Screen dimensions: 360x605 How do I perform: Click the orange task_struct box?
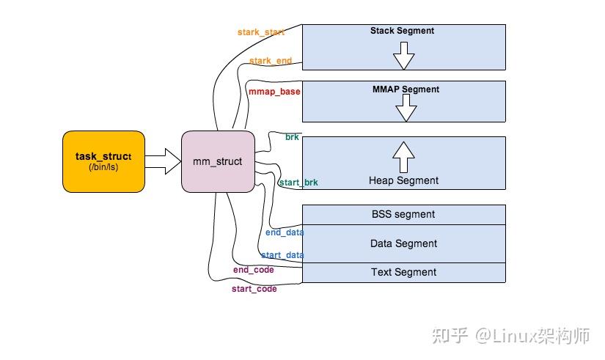pos(103,161)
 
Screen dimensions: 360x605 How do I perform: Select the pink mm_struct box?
pos(218,161)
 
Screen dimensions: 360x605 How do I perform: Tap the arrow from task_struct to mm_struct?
pos(163,161)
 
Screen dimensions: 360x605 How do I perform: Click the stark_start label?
pos(260,32)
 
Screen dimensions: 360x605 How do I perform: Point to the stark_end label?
pos(270,61)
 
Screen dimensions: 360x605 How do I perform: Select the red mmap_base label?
pos(274,92)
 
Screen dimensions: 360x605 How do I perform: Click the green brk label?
pos(291,137)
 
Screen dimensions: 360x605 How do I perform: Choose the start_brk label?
pos(298,182)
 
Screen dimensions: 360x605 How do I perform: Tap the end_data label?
pos(285,232)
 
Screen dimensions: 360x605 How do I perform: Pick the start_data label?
pos(282,255)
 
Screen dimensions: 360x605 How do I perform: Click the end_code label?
pos(253,270)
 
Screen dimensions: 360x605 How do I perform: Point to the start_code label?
pos(254,289)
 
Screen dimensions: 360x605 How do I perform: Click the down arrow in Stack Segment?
pos(403,54)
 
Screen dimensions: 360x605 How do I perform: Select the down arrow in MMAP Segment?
pos(406,109)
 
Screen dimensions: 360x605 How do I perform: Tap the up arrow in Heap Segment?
pos(403,155)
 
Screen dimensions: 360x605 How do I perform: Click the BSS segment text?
pos(403,214)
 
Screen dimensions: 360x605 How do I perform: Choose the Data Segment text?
pos(403,243)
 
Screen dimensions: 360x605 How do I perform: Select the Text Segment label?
pos(403,272)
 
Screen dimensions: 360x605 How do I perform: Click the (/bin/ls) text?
pos(103,168)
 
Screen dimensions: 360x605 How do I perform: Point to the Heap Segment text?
pos(403,180)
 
